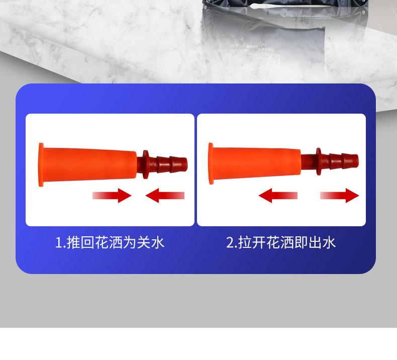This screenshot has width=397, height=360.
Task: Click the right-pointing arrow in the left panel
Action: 112,196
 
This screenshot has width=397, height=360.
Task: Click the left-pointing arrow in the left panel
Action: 165,196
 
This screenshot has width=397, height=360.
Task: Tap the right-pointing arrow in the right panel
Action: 340,196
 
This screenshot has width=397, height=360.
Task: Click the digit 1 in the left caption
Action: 59,243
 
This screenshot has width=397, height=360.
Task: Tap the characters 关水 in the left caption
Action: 151,243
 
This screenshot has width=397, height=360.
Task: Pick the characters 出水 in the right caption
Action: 322,243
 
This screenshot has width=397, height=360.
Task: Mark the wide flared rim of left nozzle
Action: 41,164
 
